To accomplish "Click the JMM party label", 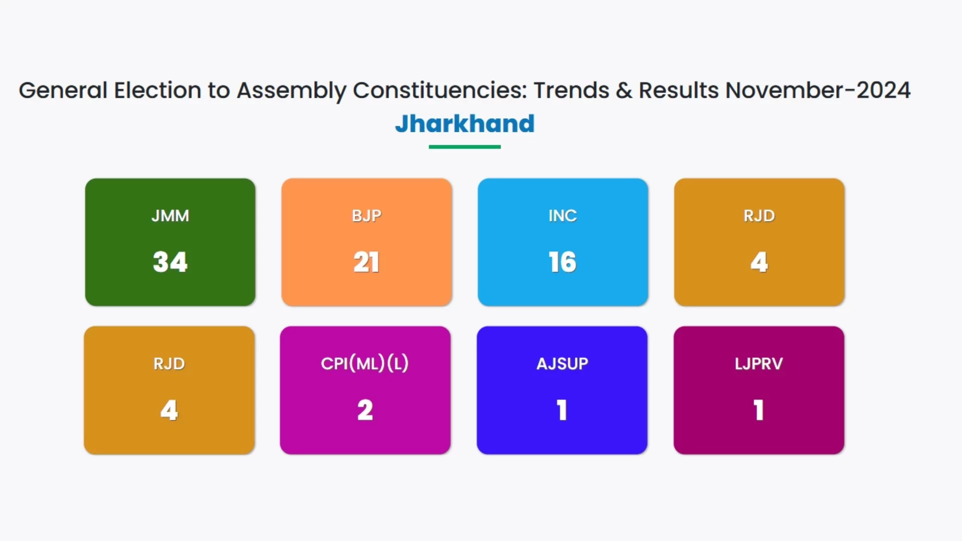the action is [x=170, y=216].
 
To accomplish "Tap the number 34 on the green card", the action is [x=170, y=262].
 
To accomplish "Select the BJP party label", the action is [x=367, y=216].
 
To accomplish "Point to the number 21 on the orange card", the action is [x=367, y=262].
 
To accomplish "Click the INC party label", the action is [x=563, y=216].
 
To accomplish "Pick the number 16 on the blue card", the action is [x=563, y=262].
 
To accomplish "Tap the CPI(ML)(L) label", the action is [x=365, y=363].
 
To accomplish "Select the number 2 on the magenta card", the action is [x=365, y=410].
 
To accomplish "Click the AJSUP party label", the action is [x=562, y=364].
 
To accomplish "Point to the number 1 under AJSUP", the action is [x=562, y=410].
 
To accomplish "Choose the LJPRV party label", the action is [x=759, y=364].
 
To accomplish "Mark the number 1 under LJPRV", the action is [x=759, y=410].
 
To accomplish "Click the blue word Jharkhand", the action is [x=464, y=123].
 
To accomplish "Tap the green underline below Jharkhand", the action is [x=464, y=147].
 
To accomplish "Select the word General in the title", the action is [x=63, y=91].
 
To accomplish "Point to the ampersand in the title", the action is [x=624, y=91].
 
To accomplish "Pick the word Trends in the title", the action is [x=571, y=91].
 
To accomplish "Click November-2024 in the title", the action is [x=818, y=91].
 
